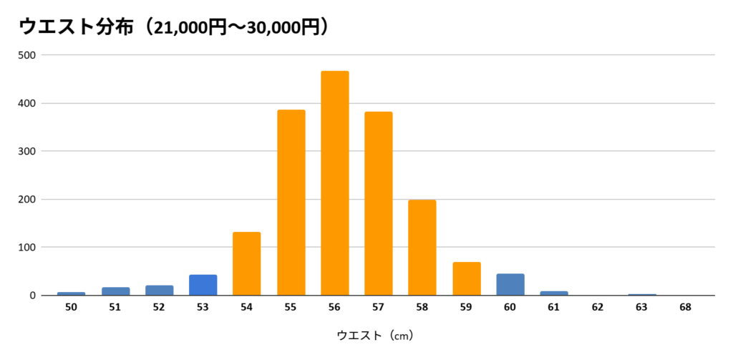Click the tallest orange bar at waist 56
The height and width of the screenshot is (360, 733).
tap(334, 183)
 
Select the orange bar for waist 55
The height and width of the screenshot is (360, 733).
tap(291, 203)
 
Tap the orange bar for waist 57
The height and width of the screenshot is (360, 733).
tap(378, 204)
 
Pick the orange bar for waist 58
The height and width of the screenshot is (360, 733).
tap(422, 248)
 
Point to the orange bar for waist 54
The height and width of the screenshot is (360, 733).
tap(246, 264)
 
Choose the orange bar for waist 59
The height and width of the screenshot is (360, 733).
tap(466, 279)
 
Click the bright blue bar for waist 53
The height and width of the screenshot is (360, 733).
tap(203, 285)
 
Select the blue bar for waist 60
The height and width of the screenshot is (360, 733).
tap(510, 285)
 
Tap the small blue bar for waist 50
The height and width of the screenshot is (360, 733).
tap(71, 293)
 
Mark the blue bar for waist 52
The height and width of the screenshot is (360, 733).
tap(159, 291)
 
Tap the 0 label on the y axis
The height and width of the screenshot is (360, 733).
tap(33, 296)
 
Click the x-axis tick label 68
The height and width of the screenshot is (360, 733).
tap(685, 307)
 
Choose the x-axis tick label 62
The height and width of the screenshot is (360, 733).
tap(598, 307)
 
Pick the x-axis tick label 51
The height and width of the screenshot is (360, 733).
tap(115, 307)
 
